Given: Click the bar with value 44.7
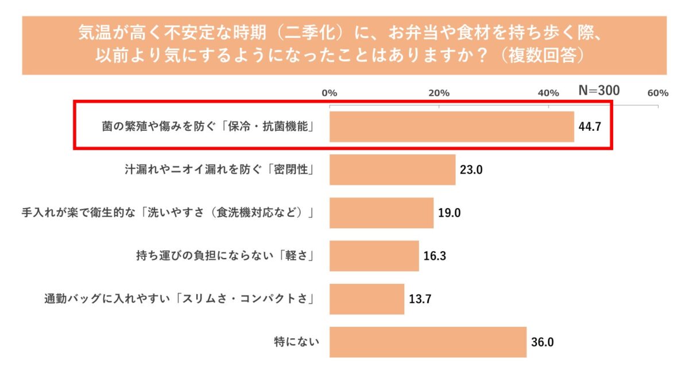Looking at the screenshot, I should pos(451,126).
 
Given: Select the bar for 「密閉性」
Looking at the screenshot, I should pos(392,170).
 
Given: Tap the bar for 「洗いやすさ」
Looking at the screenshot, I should pos(381,213).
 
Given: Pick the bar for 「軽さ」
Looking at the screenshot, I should pos(374,256).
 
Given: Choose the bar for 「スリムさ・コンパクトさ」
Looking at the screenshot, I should pos(366,299).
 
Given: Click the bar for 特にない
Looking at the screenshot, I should pos(428,342).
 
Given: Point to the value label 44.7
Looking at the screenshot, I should pos(589,127).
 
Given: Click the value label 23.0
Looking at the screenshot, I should pos(471,170).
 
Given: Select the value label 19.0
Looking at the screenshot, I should pos(449,213).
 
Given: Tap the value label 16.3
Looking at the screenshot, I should pos(435,256).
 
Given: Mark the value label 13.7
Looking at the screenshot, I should pos(420,299).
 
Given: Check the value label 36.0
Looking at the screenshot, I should pos(542,343).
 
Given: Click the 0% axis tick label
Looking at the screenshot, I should pos(329,93).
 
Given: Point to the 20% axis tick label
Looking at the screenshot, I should pos(439,93).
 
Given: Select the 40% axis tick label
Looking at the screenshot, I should pos(548,93).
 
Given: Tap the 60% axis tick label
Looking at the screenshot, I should pos(658,93).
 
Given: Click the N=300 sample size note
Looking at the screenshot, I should pos(598,91).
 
